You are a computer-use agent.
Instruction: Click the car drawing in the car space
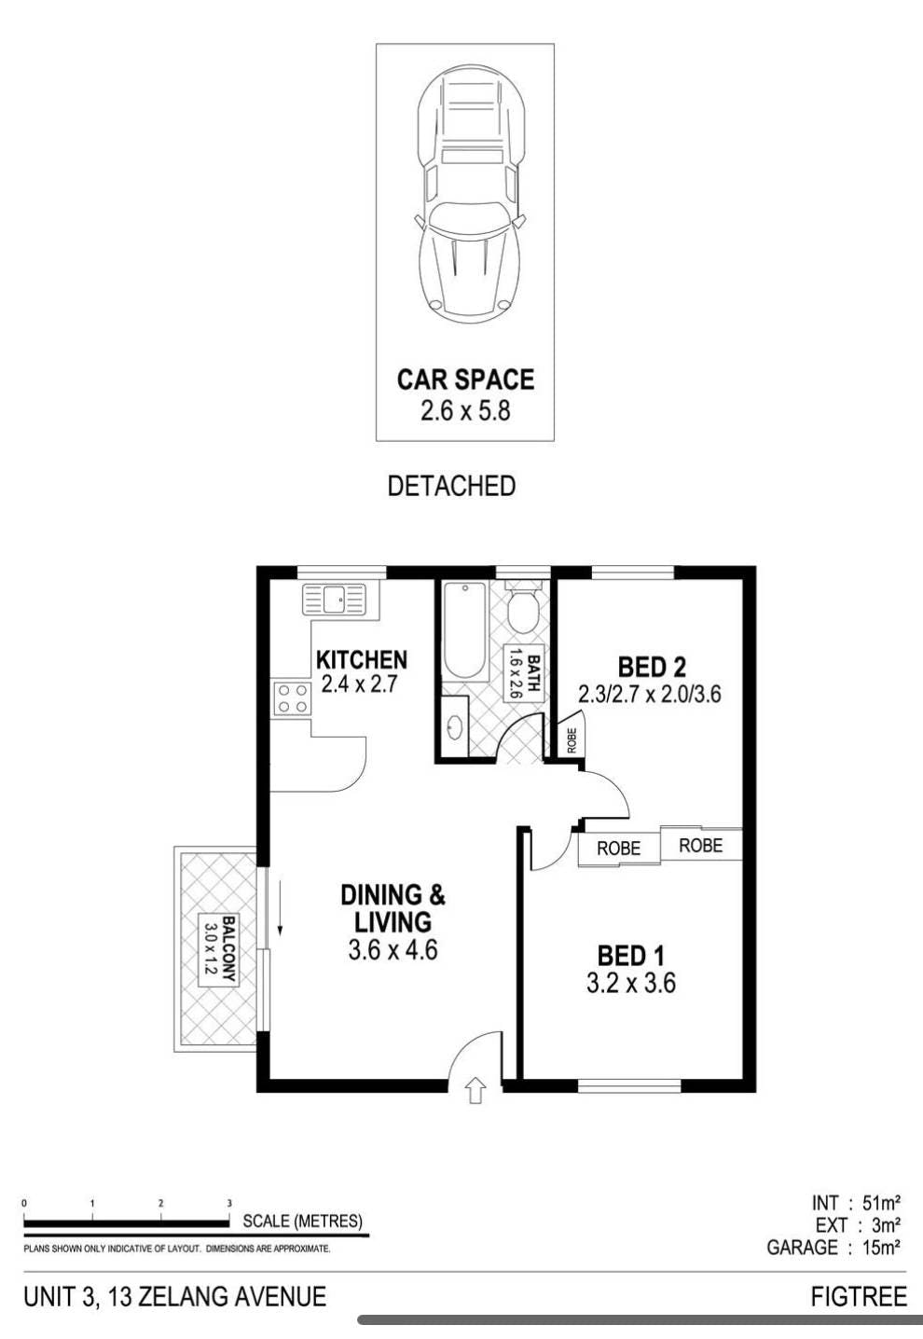pos(472,195)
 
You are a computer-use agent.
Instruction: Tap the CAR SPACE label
pos(465,380)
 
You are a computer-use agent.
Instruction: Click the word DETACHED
pos(451,486)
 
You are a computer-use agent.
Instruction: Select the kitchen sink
pos(334,599)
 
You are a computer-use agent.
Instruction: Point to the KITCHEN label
pos(362,660)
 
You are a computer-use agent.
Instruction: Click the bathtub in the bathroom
pos(464,631)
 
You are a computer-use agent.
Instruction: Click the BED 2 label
pos(652,667)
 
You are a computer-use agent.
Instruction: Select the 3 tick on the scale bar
pos(229,1203)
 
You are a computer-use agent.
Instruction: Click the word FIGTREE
pos(859,1293)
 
